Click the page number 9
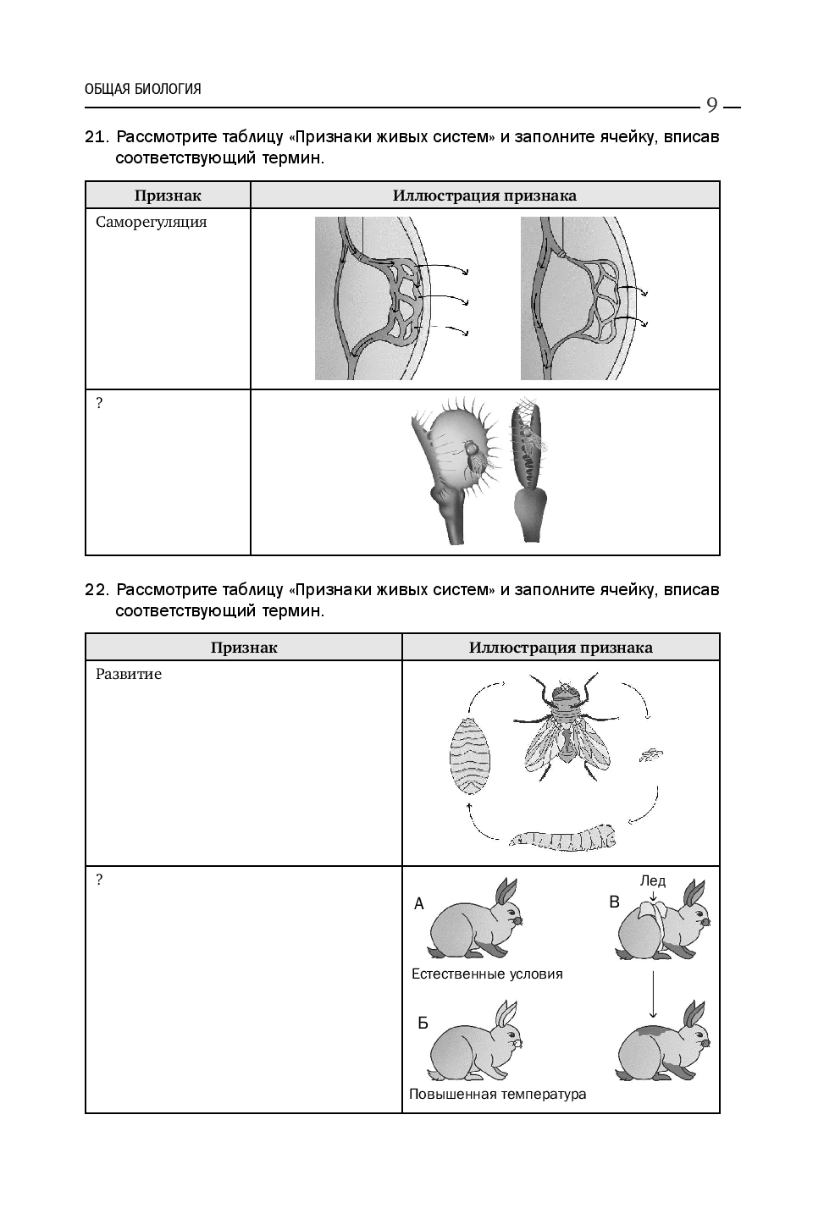tap(711, 105)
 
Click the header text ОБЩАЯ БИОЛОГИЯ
tap(143, 89)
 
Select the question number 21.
tap(97, 137)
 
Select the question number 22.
tap(97, 589)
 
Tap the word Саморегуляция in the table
tap(152, 223)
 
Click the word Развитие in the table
tap(129, 675)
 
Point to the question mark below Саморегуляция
tap(99, 404)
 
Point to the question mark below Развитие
tap(99, 880)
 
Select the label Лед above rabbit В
tap(652, 880)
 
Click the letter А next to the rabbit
tap(418, 904)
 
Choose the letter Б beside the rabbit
tap(423, 1023)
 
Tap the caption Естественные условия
tap(487, 974)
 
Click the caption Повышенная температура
tap(497, 1094)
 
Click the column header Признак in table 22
tap(244, 648)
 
